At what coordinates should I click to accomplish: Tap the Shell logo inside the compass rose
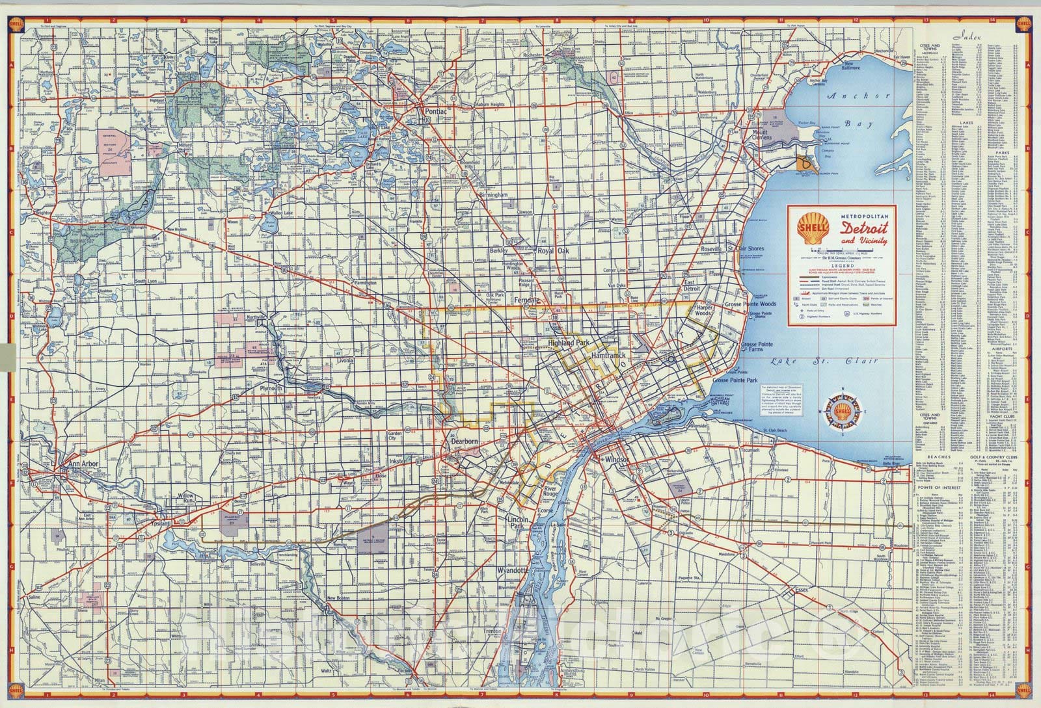click(844, 412)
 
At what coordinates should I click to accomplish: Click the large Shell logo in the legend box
click(813, 228)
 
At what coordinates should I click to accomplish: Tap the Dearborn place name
click(464, 441)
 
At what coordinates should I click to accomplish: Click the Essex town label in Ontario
click(800, 590)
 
